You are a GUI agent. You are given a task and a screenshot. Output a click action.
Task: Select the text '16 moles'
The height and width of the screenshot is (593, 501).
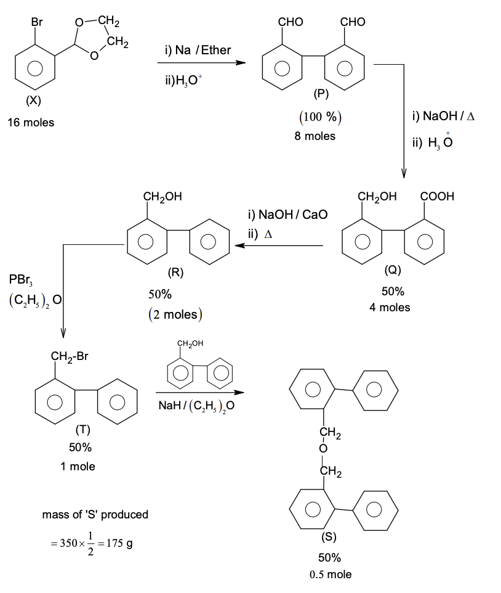pyautogui.click(x=31, y=123)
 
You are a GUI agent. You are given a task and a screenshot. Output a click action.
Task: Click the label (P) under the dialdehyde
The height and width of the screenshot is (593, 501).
pyautogui.click(x=321, y=94)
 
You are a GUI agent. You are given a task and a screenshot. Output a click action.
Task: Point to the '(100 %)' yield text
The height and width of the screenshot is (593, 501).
pyautogui.click(x=320, y=118)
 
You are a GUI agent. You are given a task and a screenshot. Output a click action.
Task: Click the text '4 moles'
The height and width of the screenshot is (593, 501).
pyautogui.click(x=390, y=307)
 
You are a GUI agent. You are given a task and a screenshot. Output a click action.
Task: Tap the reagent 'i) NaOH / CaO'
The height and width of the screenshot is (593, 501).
pyautogui.click(x=287, y=215)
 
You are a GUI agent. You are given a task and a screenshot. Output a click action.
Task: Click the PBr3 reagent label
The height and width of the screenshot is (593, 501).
pyautogui.click(x=22, y=280)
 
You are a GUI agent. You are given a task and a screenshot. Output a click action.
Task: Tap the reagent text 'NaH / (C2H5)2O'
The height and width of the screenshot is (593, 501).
pyautogui.click(x=196, y=406)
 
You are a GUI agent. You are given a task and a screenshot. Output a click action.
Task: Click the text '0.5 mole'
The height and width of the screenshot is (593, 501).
pyautogui.click(x=331, y=575)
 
